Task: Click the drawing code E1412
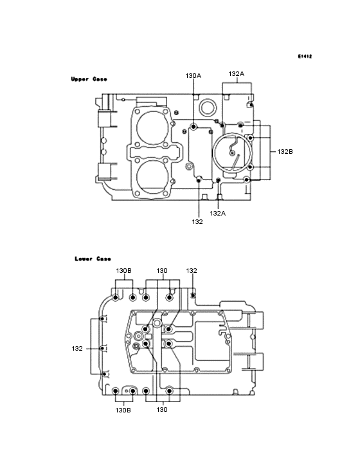point(305,56)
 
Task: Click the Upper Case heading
point(89,79)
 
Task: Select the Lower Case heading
point(93,259)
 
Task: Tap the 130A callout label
point(194,76)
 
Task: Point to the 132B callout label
point(285,152)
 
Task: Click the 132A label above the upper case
point(237,74)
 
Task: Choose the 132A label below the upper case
point(218,213)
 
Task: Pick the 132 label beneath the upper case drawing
point(197,222)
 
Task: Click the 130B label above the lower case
point(124,271)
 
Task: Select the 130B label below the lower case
point(123,410)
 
